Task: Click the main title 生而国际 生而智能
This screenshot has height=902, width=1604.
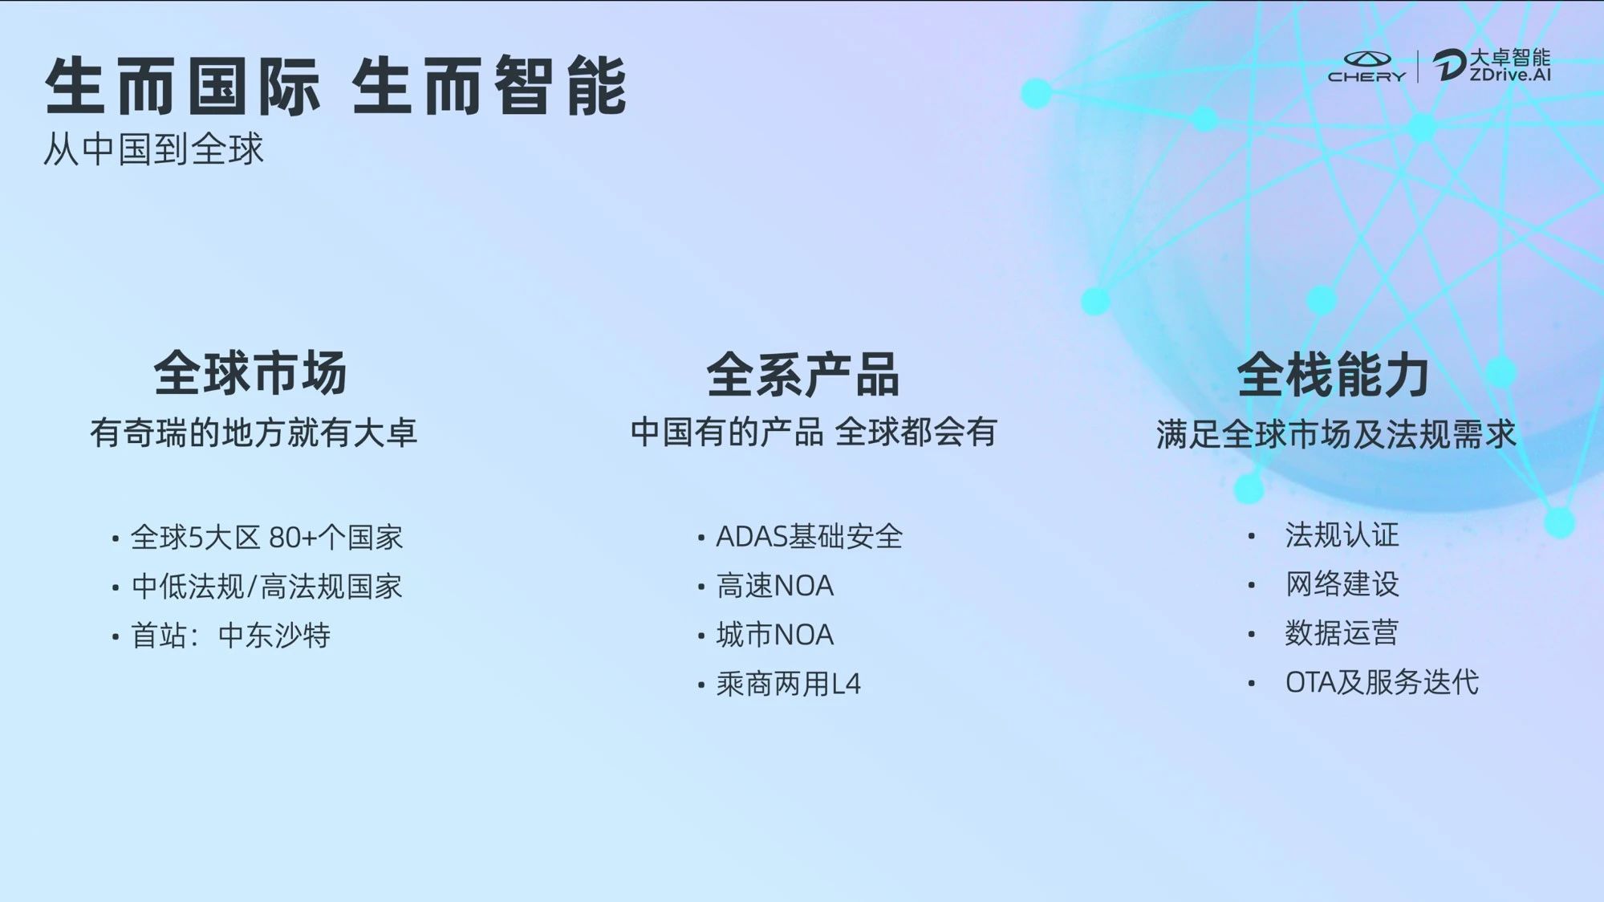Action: click(x=335, y=86)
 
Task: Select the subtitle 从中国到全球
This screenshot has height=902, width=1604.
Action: click(x=153, y=149)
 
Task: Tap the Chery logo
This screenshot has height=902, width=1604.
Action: click(x=1367, y=67)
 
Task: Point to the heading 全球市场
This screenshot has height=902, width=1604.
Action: click(x=250, y=373)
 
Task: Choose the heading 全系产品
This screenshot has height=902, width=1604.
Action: click(x=803, y=375)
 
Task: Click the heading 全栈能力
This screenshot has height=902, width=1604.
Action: click(x=1334, y=375)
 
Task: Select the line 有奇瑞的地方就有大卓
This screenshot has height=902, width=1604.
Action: click(x=254, y=433)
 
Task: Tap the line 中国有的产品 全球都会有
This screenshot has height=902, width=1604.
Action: click(x=814, y=433)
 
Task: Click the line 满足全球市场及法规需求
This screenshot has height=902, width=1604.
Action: click(x=1336, y=434)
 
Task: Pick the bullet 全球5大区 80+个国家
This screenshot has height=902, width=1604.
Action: click(x=266, y=538)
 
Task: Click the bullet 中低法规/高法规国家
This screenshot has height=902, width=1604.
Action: click(x=266, y=587)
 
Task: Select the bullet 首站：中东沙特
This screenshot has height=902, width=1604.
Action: click(x=231, y=636)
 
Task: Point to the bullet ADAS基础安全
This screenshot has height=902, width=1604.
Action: click(x=810, y=537)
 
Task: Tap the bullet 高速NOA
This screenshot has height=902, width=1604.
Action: click(x=775, y=586)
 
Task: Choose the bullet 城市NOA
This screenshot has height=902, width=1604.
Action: click(x=775, y=635)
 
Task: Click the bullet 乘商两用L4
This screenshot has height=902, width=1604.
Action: click(x=789, y=684)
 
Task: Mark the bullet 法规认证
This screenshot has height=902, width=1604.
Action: click(x=1342, y=535)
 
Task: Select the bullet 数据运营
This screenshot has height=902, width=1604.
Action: click(x=1342, y=633)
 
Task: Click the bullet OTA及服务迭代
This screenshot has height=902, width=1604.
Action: click(x=1382, y=682)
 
